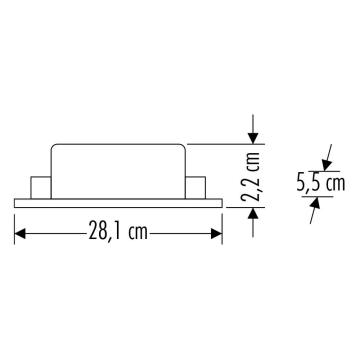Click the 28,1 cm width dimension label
click(118, 232)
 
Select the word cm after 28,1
click(140, 232)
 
